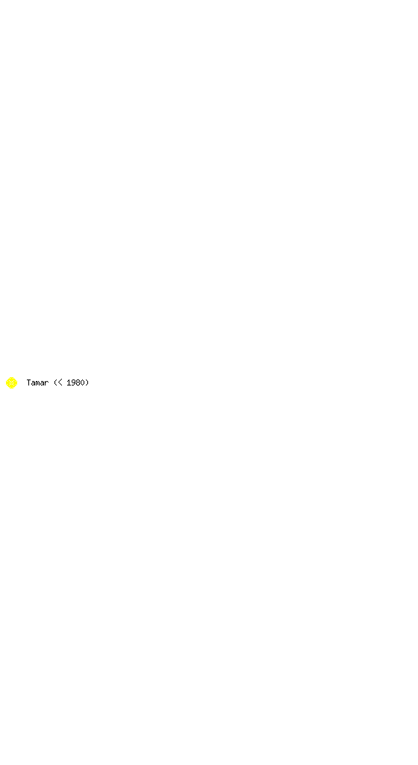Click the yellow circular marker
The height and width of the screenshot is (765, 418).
point(12,383)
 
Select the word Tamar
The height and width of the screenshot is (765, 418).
point(37,382)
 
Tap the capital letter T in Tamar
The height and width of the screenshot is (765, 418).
point(29,382)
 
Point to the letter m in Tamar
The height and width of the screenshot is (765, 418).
point(37,383)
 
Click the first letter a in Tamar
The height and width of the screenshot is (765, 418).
point(33,383)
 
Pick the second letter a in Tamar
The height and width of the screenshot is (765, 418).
point(42,383)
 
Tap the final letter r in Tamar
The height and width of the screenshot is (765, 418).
point(47,383)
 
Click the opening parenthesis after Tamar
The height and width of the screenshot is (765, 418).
point(55,382)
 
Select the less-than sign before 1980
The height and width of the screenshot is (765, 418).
point(60,383)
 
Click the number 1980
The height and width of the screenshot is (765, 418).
point(75,382)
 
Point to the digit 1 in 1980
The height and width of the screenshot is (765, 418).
point(69,382)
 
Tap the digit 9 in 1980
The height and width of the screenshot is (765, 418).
point(73,382)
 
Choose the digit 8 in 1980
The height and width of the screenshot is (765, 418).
point(78,382)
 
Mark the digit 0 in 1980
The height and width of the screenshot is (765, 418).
point(82,382)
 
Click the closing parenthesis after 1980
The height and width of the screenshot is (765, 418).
point(87,382)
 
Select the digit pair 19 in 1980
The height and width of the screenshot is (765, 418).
point(71,382)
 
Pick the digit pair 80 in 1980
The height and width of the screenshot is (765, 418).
point(80,382)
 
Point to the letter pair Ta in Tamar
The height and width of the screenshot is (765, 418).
point(31,382)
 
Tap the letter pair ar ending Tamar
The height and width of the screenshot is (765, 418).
point(44,383)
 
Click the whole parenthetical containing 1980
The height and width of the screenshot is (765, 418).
point(72,382)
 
